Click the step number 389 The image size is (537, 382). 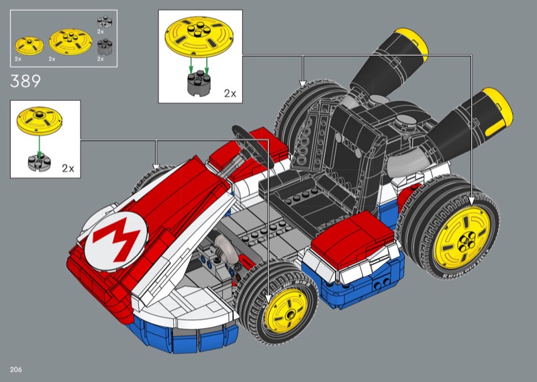[26, 81]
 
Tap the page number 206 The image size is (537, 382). [15, 369]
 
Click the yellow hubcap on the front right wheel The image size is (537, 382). [287, 310]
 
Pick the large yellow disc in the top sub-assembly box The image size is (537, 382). [199, 37]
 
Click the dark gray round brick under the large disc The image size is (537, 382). [199, 83]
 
